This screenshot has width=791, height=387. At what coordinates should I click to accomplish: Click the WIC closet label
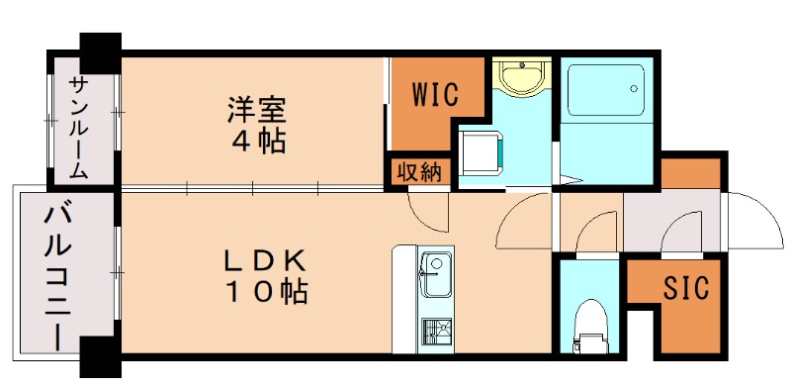pyautogui.click(x=434, y=96)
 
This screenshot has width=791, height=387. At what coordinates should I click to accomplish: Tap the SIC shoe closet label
pyautogui.click(x=685, y=289)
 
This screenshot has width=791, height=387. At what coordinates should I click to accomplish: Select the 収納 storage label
pyautogui.click(x=419, y=171)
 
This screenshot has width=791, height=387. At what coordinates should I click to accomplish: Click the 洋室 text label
pyautogui.click(x=253, y=106)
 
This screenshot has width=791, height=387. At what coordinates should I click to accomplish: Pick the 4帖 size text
pyautogui.click(x=253, y=140)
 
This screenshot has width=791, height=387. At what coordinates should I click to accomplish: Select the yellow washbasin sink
pyautogui.click(x=519, y=76)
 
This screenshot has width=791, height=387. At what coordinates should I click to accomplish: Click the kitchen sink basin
pyautogui.click(x=433, y=269)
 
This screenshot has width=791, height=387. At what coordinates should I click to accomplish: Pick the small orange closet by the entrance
pyautogui.click(x=691, y=172)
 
